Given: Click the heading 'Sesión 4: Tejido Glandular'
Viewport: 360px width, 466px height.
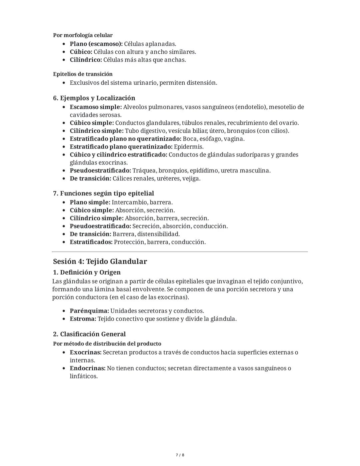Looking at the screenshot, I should click(x=100, y=262).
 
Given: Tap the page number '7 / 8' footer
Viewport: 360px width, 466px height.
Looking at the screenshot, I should click(x=180, y=455).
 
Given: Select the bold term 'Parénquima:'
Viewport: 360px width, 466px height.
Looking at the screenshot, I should click(x=89, y=311).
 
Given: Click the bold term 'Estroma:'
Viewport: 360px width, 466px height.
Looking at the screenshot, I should click(x=83, y=319).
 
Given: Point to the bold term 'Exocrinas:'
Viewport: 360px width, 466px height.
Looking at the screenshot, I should click(x=85, y=353).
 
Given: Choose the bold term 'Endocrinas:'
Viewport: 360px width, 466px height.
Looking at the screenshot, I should click(x=87, y=369).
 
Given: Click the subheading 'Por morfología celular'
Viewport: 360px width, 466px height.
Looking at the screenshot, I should click(x=83, y=35).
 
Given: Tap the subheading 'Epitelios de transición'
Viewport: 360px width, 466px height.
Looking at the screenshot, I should click(x=83, y=74).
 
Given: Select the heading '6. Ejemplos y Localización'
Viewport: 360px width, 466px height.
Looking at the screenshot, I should click(x=94, y=98).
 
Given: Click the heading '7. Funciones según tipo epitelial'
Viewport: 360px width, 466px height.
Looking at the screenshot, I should click(x=103, y=193).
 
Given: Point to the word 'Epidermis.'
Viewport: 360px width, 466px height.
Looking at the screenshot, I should click(x=189, y=147).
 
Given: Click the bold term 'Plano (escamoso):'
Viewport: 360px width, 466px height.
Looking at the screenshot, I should click(x=96, y=44).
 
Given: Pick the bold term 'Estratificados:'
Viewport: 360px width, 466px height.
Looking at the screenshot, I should click(x=91, y=242).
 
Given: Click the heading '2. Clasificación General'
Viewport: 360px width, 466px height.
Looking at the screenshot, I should click(x=89, y=334).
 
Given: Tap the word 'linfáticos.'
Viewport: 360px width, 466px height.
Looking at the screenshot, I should click(x=84, y=377).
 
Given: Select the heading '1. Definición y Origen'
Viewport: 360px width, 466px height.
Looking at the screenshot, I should click(x=87, y=272).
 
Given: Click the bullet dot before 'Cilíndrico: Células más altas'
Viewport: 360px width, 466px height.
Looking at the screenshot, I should click(x=64, y=60).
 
